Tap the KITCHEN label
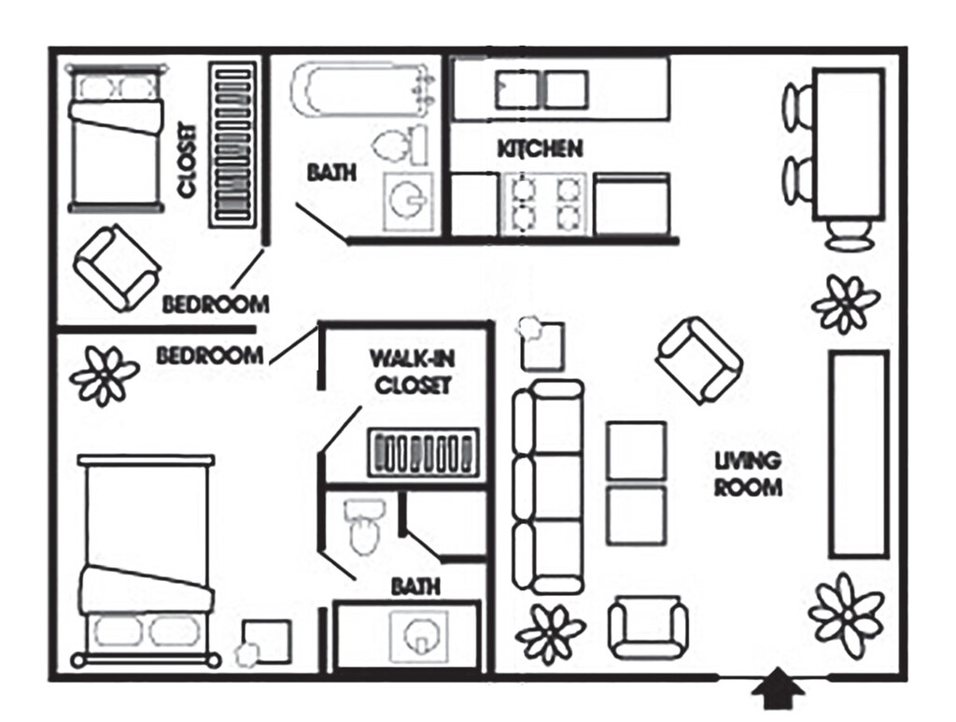(x=541, y=149)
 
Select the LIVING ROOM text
(x=748, y=474)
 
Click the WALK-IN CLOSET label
(x=413, y=372)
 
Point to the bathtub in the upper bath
(x=363, y=92)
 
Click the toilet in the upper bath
(x=401, y=144)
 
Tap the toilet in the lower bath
(x=365, y=527)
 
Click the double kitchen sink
(x=541, y=90)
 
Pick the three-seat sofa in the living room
(x=547, y=487)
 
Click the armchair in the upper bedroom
(x=117, y=268)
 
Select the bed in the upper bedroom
(x=117, y=138)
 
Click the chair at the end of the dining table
(x=848, y=234)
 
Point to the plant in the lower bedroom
(x=105, y=375)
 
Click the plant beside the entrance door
(x=846, y=616)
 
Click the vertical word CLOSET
(x=188, y=161)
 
